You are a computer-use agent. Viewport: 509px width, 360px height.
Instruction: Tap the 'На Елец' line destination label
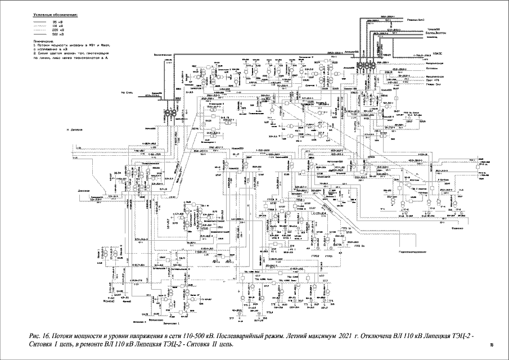point(126,92)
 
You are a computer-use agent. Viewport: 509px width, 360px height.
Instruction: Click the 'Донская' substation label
point(84,190)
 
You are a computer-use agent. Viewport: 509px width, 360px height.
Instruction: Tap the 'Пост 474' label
point(433,83)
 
